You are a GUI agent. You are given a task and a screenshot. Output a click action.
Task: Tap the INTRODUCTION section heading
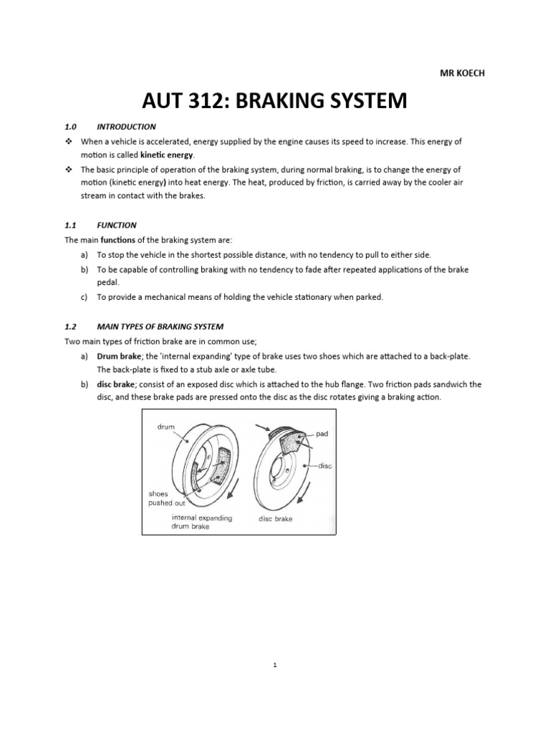click(126, 127)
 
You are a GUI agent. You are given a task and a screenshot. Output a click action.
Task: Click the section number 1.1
click(71, 225)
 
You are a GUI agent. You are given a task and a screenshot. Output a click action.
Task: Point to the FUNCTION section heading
click(116, 225)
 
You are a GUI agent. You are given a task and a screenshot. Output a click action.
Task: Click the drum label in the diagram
click(165, 427)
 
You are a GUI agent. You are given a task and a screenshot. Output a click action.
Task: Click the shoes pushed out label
click(167, 498)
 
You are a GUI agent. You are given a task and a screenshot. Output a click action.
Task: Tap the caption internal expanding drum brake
click(201, 522)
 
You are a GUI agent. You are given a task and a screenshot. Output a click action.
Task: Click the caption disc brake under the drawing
click(275, 518)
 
